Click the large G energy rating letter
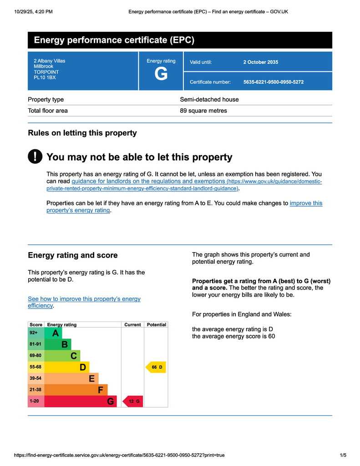pyautogui.click(x=161, y=74)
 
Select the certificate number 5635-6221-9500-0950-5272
pyautogui.click(x=273, y=82)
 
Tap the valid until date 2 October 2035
pyautogui.click(x=260, y=62)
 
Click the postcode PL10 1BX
pyautogui.click(x=45, y=77)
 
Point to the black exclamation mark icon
pyautogui.click(x=35, y=157)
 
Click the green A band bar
pyautogui.click(x=53, y=333)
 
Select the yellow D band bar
pyautogui.click(x=67, y=367)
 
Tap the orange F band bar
pyautogui.click(x=76, y=390)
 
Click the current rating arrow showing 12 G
pyautogui.click(x=132, y=401)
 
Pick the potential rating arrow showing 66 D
pyautogui.click(x=156, y=367)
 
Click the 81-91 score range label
pyautogui.click(x=35, y=344)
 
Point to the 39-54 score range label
pyautogui.click(x=35, y=378)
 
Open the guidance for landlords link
pyautogui.click(x=148, y=181)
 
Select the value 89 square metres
pyautogui.click(x=203, y=111)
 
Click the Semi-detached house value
pyautogui.click(x=209, y=99)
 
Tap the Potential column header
pyautogui.click(x=156, y=324)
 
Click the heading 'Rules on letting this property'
pyautogui.click(x=82, y=133)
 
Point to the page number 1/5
pyautogui.click(x=343, y=455)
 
